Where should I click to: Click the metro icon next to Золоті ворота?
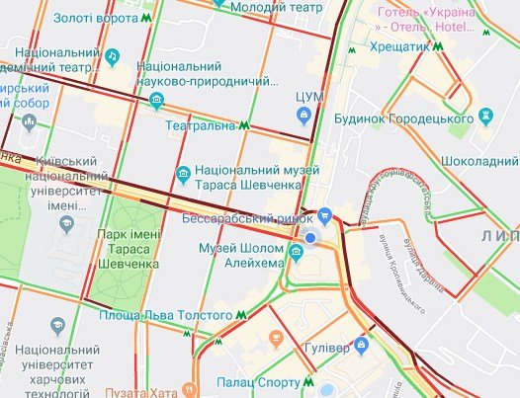point(146,18)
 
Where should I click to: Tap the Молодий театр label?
point(282,8)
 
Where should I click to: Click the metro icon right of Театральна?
point(242,126)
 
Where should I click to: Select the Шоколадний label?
point(481,160)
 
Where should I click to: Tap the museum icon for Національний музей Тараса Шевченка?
point(181,176)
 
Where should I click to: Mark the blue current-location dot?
point(311,238)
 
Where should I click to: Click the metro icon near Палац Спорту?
point(309,379)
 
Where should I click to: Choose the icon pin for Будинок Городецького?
point(484,117)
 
